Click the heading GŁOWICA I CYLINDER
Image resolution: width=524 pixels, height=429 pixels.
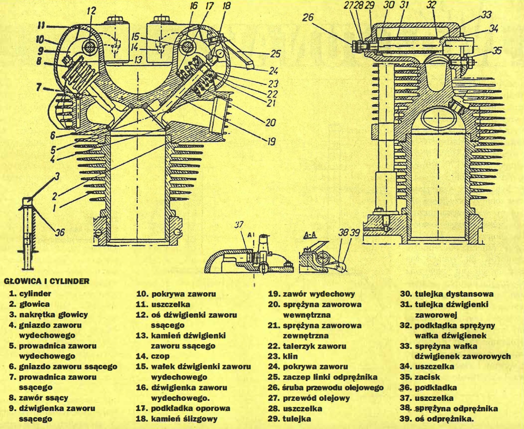47,281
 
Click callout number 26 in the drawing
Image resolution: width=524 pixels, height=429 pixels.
308,17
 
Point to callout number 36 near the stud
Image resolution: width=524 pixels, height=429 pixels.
59,232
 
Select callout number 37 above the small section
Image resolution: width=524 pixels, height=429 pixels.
239,225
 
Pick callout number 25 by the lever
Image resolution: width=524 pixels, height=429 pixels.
275,54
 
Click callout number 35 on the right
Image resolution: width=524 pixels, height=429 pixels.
497,50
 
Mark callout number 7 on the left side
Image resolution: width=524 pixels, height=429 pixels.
39,87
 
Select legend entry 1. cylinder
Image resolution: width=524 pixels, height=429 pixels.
30,294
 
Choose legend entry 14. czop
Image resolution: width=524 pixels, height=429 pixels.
153,356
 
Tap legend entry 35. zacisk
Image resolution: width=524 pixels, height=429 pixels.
420,377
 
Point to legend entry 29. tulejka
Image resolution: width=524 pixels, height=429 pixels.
290,419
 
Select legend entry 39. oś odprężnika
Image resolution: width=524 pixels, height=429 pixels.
437,419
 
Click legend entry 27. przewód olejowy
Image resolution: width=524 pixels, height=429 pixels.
309,398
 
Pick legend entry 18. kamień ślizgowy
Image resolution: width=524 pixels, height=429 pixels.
177,419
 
